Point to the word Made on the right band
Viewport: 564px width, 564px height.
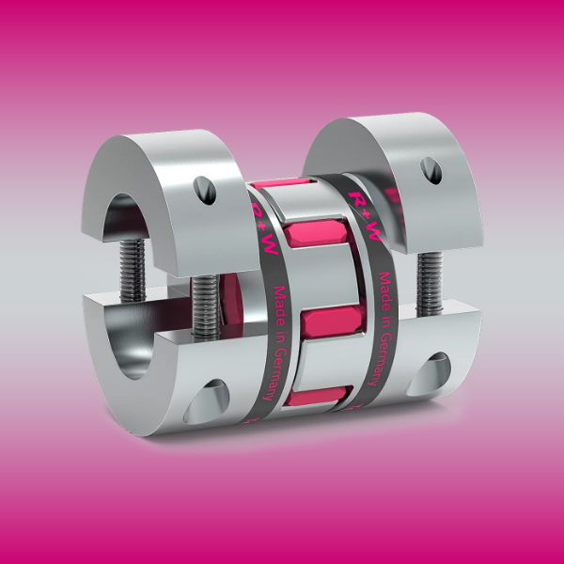pyautogui.click(x=383, y=283)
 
